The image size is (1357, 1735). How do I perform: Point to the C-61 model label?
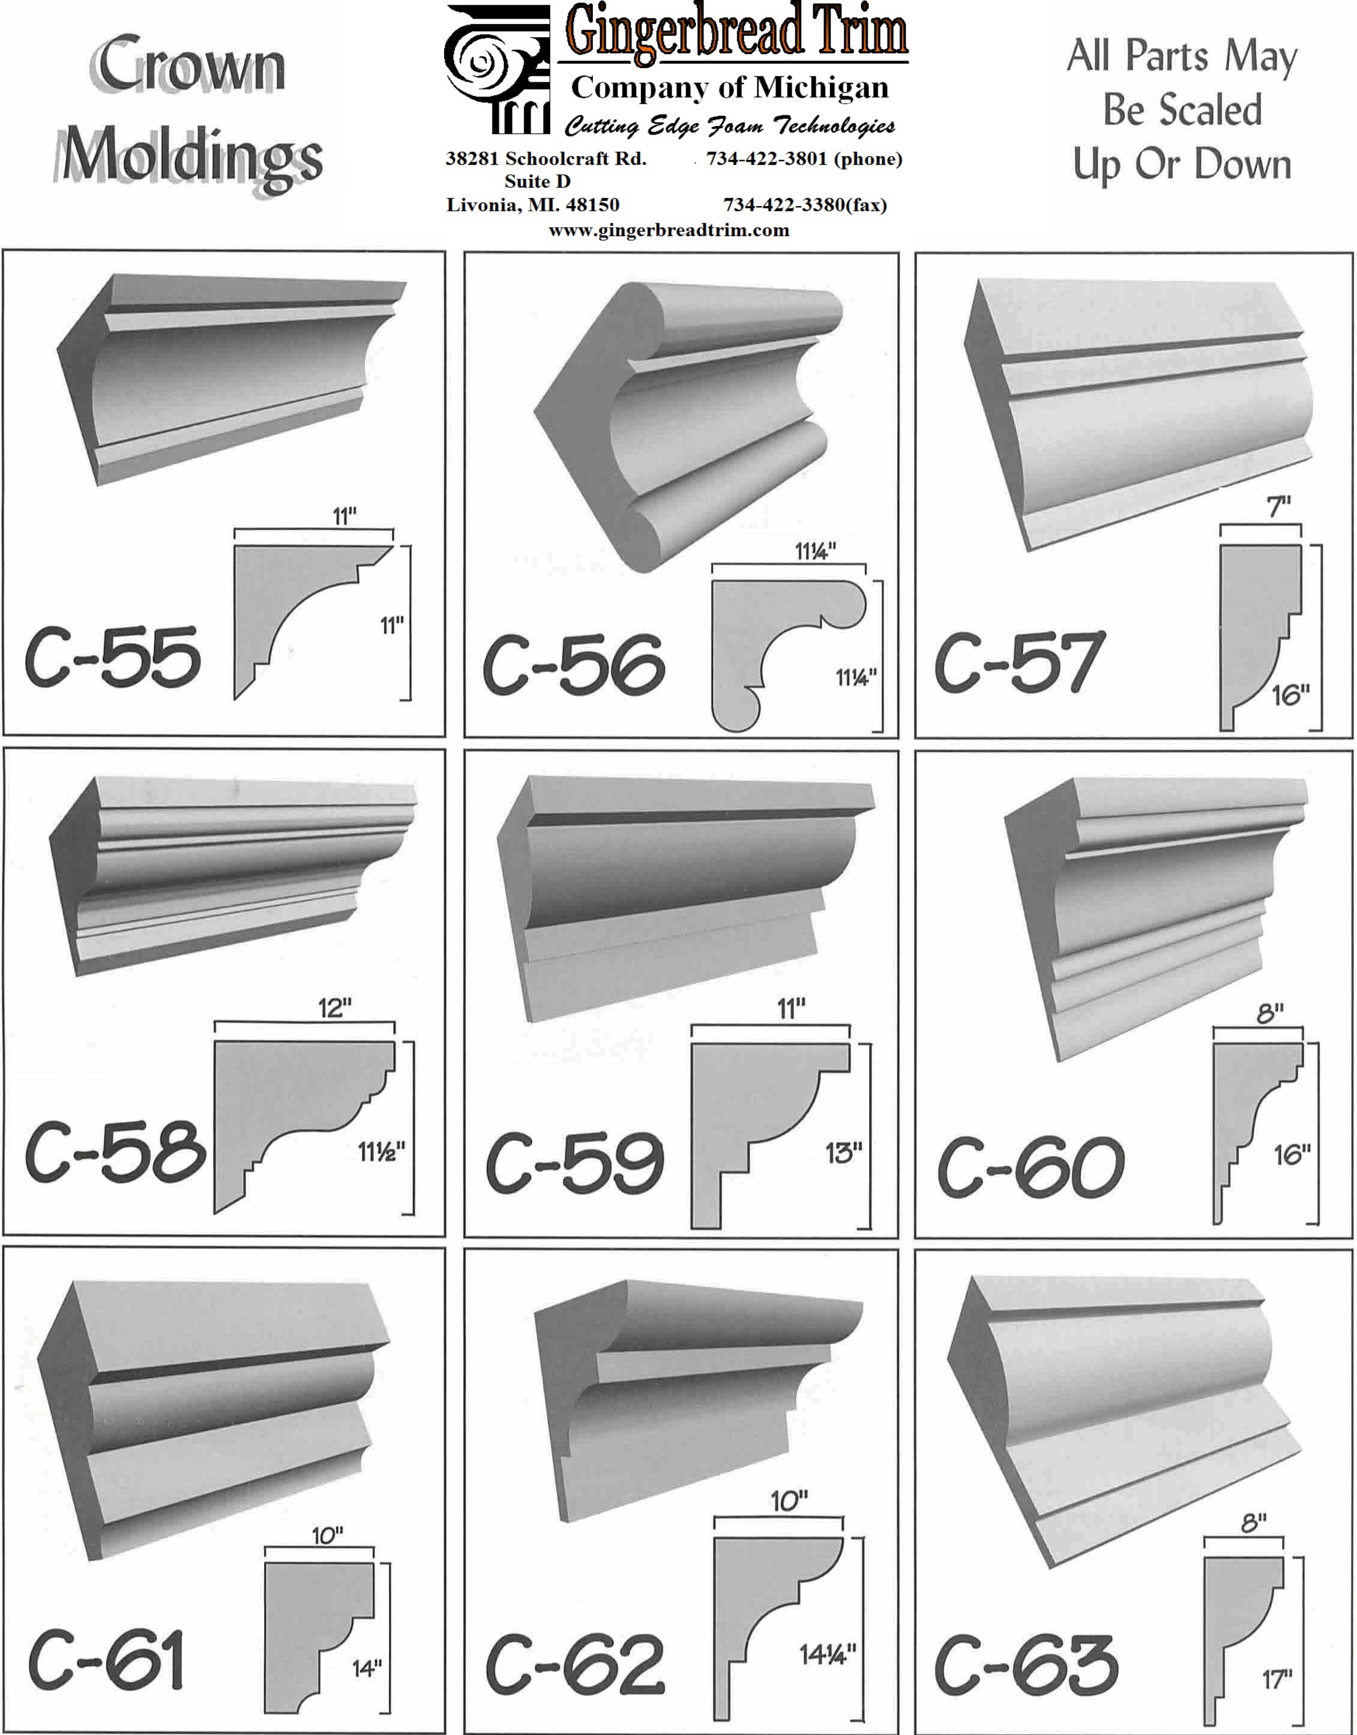point(106,1659)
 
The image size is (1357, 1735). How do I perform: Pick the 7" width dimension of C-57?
point(1278,506)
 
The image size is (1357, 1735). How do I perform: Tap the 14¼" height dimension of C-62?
point(828,1655)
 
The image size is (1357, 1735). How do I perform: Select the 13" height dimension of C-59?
point(843,1152)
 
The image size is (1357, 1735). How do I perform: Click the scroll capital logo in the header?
point(498,69)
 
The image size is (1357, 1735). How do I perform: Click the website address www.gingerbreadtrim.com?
point(669,231)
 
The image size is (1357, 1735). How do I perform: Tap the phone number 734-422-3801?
point(766,159)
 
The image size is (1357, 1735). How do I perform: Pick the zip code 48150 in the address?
point(593,205)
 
